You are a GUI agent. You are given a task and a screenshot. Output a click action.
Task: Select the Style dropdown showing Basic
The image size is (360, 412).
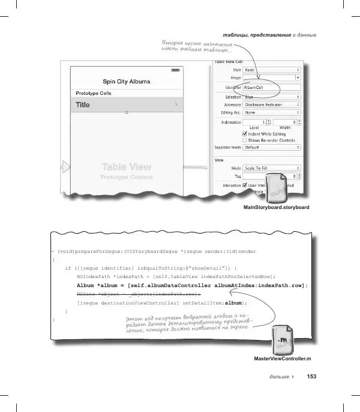point(271,70)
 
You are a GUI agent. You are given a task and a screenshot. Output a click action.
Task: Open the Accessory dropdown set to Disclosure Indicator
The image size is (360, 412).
point(271,104)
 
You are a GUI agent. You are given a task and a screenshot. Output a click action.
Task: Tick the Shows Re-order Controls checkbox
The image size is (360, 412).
point(245,139)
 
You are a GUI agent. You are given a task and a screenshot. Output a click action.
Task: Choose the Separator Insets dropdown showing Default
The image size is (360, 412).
point(271,147)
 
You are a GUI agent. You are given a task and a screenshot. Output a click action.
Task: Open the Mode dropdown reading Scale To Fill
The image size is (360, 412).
point(271,168)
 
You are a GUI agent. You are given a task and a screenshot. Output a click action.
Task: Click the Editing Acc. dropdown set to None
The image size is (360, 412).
point(271,112)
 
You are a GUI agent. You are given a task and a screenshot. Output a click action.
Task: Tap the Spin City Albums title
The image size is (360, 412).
point(126,82)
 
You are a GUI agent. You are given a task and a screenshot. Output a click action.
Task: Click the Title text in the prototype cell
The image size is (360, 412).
point(83,105)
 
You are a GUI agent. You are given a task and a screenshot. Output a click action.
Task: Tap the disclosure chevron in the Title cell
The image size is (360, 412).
point(176,105)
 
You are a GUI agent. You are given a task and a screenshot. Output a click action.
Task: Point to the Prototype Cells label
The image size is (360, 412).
point(93,94)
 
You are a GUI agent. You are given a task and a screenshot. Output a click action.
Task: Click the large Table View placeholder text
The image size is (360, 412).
point(126,167)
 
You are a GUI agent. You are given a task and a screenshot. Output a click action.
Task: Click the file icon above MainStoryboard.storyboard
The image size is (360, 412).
point(277,189)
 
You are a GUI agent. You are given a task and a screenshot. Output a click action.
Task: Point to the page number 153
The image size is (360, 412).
point(311,377)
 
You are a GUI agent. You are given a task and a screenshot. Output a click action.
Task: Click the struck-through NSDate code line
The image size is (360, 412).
point(137,295)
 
